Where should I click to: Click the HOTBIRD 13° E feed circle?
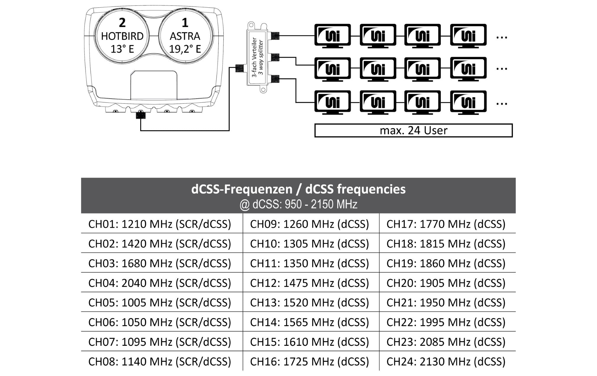tap(122, 36)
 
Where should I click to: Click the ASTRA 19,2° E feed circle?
tap(185, 36)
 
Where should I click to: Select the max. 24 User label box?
tap(413, 130)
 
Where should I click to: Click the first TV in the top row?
tap(333, 35)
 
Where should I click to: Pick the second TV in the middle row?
tap(378, 68)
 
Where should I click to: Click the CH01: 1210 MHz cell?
tap(159, 224)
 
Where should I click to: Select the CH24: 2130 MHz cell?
tap(446, 361)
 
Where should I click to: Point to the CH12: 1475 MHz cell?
tap(309, 283)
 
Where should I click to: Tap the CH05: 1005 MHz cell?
tap(159, 303)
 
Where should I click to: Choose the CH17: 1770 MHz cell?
tap(446, 224)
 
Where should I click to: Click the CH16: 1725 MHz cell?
tap(309, 361)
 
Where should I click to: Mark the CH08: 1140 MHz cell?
tap(159, 361)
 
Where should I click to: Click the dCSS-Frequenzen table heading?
tap(298, 189)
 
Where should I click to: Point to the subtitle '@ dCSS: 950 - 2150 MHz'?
tap(298, 204)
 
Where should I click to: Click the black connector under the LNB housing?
tap(141, 115)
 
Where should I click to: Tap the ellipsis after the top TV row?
tap(501, 37)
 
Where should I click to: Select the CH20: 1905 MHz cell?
tap(446, 283)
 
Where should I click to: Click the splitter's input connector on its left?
tap(239, 68)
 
